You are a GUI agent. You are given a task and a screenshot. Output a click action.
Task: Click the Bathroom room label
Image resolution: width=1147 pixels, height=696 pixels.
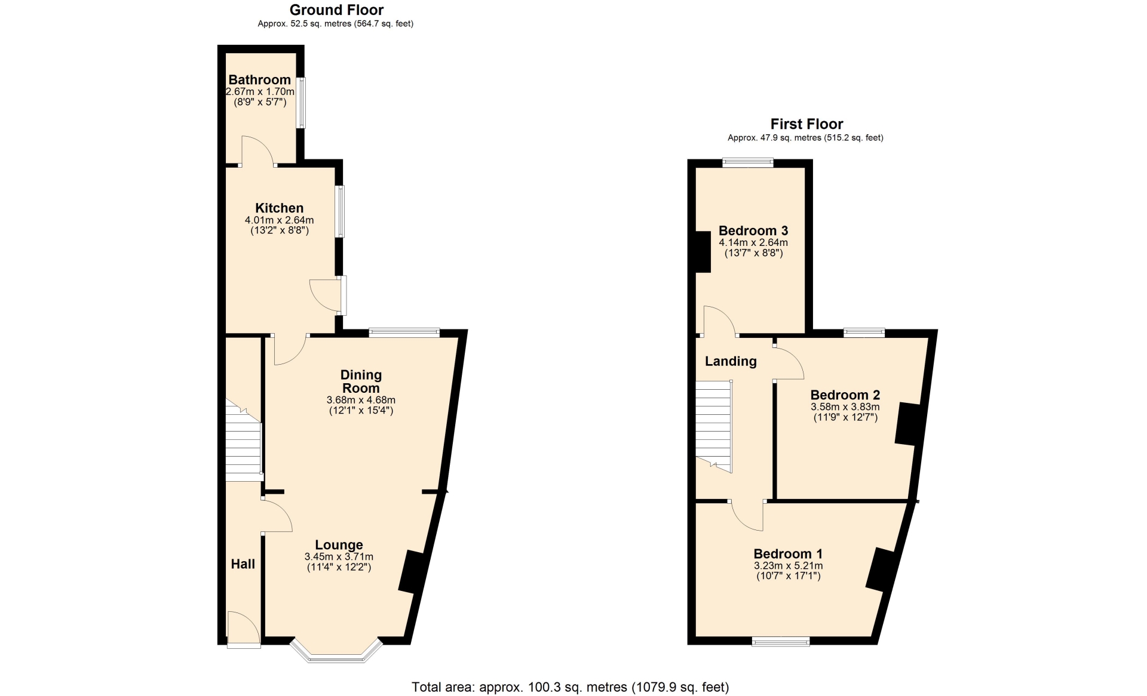[259, 79]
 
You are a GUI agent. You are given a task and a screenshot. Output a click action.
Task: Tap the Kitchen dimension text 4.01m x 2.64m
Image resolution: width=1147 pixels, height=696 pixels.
[279, 220]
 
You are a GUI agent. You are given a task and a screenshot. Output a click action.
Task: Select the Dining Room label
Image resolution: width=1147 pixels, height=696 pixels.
[361, 381]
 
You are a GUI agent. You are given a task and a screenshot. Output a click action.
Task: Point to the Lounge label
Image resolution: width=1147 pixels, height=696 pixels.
[339, 544]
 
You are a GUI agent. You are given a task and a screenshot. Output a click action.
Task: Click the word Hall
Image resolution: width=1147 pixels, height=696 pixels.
[243, 563]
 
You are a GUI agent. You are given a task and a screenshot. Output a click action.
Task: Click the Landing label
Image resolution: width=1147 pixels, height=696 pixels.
[731, 361]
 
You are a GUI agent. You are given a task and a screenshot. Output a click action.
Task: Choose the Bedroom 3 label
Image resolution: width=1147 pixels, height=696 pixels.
[753, 230]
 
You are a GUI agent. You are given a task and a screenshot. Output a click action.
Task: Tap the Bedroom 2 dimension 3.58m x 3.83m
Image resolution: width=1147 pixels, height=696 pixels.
[845, 407]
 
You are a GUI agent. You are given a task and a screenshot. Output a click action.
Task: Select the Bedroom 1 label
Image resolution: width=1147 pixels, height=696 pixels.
[788, 553]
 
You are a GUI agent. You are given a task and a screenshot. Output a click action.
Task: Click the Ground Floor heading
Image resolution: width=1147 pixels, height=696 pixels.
[336, 10]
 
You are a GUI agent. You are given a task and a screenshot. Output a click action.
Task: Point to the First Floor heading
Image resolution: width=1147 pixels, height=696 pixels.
[806, 124]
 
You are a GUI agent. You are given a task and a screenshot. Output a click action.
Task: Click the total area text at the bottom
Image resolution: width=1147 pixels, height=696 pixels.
[571, 687]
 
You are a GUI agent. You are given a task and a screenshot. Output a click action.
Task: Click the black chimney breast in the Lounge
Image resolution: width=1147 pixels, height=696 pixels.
[411, 572]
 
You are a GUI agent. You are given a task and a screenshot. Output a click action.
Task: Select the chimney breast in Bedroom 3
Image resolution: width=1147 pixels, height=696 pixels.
[703, 252]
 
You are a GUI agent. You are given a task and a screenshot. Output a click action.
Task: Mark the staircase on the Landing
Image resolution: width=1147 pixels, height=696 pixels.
[714, 426]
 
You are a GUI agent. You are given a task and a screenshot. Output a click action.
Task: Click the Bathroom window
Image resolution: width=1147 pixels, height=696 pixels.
[302, 103]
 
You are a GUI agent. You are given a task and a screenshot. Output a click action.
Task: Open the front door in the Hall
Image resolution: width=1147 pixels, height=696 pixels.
[244, 629]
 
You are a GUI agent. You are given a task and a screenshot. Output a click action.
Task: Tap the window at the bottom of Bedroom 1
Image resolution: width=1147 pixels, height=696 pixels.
[781, 642]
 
